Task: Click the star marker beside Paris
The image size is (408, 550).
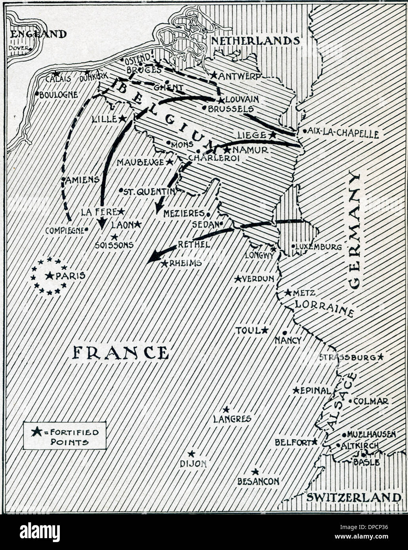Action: [x=49, y=276]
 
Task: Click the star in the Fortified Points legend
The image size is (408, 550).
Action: [x=36, y=432]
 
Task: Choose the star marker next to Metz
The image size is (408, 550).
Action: [x=288, y=292]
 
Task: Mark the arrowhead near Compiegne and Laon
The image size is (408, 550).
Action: [x=102, y=223]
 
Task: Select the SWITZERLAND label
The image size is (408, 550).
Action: [x=353, y=497]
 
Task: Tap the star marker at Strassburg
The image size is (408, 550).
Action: [x=380, y=357]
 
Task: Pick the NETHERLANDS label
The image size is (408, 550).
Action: [x=255, y=41]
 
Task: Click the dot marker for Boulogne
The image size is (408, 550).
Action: [x=37, y=94]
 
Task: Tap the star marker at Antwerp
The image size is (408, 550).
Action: [x=214, y=75]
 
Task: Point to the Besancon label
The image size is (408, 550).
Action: [x=258, y=481]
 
